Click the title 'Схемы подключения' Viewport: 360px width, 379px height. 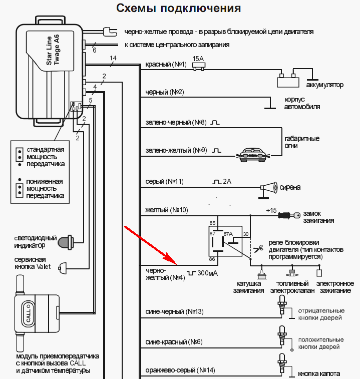click(x=178, y=9)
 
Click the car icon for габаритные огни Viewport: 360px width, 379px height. click(x=252, y=154)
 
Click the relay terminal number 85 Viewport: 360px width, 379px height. click(x=212, y=223)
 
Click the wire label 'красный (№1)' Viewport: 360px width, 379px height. click(x=165, y=65)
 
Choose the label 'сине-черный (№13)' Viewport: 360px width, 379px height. click(x=174, y=311)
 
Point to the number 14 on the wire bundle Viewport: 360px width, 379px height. click(x=113, y=59)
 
